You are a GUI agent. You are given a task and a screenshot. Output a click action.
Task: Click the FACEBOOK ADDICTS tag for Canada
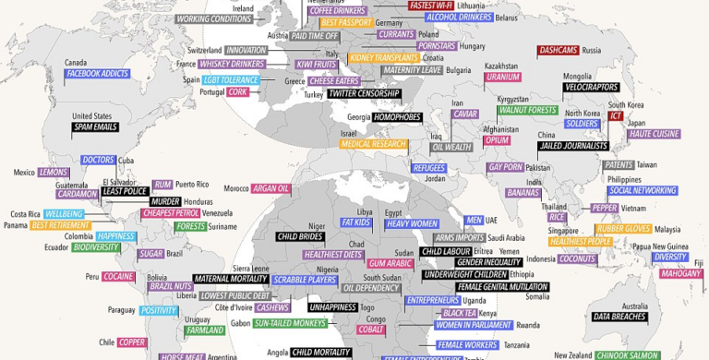[x=96, y=73]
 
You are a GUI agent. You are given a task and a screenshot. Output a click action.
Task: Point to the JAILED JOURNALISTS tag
[x=573, y=145]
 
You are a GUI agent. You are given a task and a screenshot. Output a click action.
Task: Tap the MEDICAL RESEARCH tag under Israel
[x=373, y=144]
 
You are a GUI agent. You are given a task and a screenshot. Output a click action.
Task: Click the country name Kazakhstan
[x=500, y=66]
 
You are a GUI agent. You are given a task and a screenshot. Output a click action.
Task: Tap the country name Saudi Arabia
[x=506, y=236]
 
